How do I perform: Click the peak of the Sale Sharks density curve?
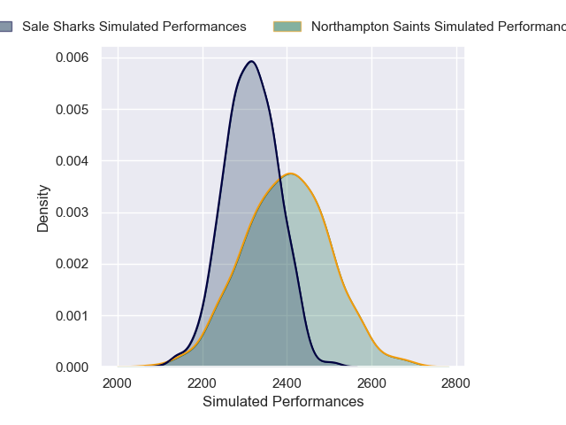(252, 61)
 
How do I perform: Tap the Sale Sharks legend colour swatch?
(5, 27)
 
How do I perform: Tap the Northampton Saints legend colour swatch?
(287, 27)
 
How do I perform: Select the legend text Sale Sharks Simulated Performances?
(134, 27)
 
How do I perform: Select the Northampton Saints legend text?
(438, 27)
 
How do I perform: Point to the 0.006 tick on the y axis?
(72, 58)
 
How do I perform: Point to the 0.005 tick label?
(72, 110)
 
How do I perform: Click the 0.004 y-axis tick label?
(72, 161)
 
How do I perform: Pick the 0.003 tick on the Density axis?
(72, 212)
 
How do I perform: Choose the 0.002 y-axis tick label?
(72, 264)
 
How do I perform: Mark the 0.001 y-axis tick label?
(72, 315)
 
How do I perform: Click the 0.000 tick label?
(72, 367)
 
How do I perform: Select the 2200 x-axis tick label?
(203, 383)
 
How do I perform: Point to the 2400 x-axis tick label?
(287, 383)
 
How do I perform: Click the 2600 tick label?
(371, 383)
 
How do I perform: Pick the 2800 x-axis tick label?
(456, 383)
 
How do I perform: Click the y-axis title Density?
(43, 208)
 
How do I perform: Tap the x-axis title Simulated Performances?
(283, 402)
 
